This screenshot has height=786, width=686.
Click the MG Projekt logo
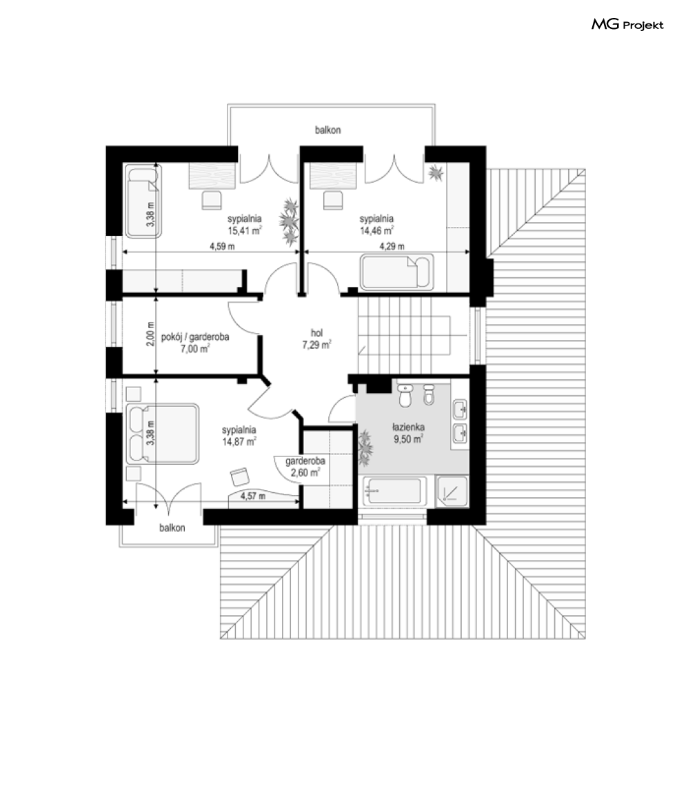627,24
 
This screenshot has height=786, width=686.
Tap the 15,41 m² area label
245,230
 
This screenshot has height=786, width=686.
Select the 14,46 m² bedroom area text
376,230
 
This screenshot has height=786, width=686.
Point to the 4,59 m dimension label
222,246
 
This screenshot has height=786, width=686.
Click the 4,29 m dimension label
392,246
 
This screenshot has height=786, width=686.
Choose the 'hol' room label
316,333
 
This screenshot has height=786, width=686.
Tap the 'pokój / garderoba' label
195,337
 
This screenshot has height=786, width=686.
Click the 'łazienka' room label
408,427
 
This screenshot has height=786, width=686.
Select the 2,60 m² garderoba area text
305,473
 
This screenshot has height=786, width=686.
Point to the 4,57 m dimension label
253,496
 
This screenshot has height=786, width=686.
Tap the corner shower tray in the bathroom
452,490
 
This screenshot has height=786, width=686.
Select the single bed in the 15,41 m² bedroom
143,201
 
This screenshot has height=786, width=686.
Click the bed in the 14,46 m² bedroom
397,272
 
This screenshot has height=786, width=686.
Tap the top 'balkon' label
327,130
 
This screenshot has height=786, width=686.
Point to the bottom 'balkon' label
172,528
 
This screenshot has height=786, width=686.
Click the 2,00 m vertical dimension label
150,333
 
